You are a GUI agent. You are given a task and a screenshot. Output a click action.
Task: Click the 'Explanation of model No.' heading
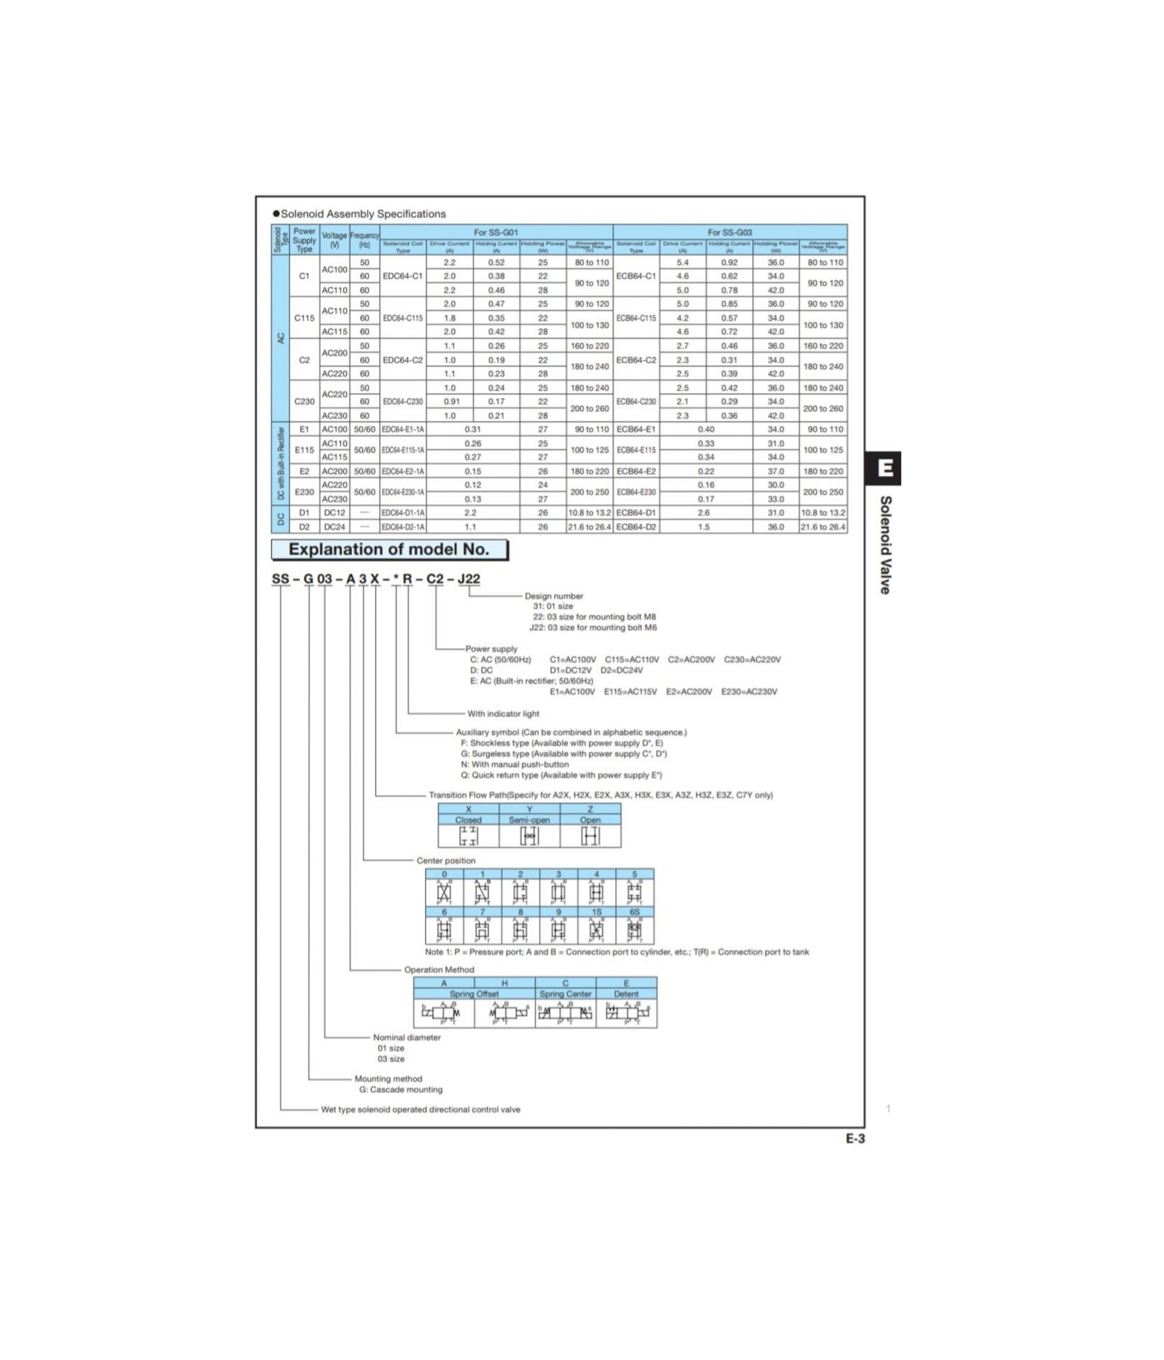click(x=389, y=549)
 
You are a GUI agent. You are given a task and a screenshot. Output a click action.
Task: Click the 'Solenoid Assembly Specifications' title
click(x=362, y=214)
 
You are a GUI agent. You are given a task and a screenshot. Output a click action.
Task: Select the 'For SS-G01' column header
click(x=496, y=232)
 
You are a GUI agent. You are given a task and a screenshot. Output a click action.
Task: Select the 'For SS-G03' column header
click(x=729, y=232)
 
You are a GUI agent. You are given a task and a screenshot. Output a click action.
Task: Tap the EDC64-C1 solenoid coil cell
click(x=403, y=276)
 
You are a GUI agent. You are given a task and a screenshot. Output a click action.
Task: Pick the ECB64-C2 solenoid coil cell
click(x=635, y=360)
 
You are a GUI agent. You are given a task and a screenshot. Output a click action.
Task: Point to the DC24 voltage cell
click(x=334, y=527)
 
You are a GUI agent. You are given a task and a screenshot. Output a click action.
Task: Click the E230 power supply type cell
click(x=304, y=491)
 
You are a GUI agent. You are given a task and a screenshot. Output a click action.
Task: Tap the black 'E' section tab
click(x=885, y=468)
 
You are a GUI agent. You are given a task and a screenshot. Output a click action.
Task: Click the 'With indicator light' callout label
click(x=503, y=713)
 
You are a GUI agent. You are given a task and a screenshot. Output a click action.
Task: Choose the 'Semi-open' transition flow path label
click(x=529, y=820)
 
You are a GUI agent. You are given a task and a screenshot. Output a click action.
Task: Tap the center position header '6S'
click(x=634, y=912)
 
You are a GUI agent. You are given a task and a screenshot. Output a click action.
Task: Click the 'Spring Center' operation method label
click(x=565, y=994)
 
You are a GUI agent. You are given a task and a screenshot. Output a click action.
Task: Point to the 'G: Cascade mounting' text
click(x=401, y=1090)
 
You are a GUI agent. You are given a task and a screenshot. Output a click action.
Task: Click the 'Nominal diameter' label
click(x=406, y=1037)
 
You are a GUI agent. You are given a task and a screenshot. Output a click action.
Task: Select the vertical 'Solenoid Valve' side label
click(x=885, y=545)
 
